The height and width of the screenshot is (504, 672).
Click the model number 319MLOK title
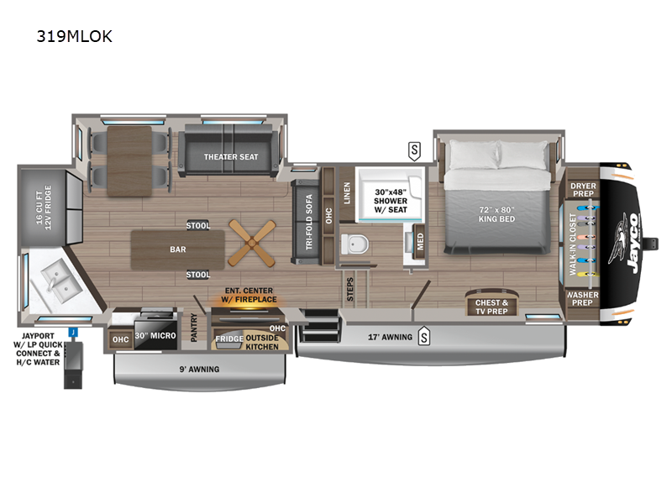74,36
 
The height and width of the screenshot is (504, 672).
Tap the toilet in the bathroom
354,244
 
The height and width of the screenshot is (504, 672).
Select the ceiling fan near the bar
251,243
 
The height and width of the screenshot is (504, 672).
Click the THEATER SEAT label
231,157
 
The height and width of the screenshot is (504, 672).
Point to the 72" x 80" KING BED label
496,214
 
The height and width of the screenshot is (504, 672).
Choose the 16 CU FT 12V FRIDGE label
44,207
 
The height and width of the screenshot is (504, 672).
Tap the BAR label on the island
178,249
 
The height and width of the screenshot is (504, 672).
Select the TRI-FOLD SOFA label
309,222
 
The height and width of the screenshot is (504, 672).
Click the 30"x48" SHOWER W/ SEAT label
391,201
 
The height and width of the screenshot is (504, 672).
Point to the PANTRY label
193,328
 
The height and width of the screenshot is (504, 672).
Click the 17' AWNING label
390,338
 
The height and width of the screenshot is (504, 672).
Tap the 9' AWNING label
199,369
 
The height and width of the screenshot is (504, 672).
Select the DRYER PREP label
583,190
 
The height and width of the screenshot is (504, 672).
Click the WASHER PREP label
582,299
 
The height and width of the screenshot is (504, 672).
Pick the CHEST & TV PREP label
491,307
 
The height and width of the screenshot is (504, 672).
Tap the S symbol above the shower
414,151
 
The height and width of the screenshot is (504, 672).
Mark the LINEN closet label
347,193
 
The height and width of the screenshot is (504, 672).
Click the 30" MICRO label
155,335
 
